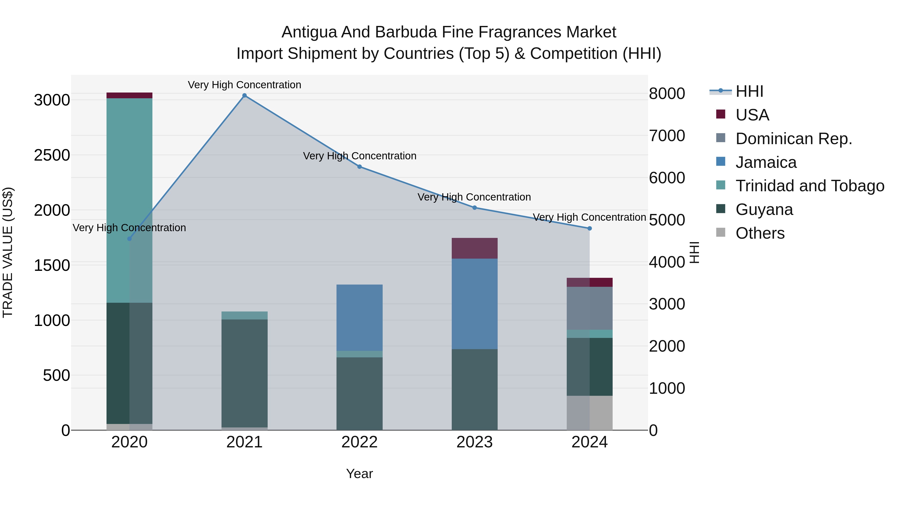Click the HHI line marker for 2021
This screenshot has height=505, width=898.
[x=244, y=96]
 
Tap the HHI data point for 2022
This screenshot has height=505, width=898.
[x=359, y=167]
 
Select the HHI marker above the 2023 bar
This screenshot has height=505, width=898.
[x=474, y=208]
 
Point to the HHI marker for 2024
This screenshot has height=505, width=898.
[x=589, y=228]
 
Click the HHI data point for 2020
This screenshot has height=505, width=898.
[x=129, y=239]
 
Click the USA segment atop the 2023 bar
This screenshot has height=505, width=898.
[x=474, y=248]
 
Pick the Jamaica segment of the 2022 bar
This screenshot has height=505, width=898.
[x=359, y=317]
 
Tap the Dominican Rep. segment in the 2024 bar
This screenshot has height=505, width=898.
[x=589, y=308]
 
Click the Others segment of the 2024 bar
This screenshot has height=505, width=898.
[x=589, y=413]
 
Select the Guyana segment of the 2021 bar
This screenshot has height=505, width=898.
[x=244, y=373]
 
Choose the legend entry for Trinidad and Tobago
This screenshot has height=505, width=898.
[x=809, y=186]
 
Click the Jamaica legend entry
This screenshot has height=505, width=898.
[x=766, y=162]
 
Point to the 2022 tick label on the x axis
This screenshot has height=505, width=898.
[x=359, y=442]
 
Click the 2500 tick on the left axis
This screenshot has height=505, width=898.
[x=52, y=155]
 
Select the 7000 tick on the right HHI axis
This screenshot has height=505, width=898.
[x=667, y=136]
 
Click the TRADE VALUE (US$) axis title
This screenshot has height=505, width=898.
[x=8, y=252]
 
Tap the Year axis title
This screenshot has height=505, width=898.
[x=359, y=474]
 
